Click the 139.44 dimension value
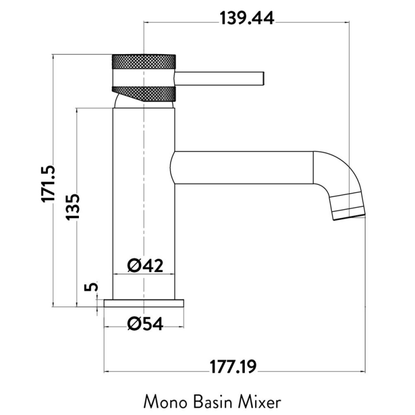click(x=247, y=18)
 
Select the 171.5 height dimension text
click(x=49, y=184)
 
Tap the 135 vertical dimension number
click(x=72, y=207)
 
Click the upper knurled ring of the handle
click(x=144, y=65)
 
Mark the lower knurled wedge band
click(x=150, y=93)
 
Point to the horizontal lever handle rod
click(x=220, y=78)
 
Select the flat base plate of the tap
click(x=144, y=303)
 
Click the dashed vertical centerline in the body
click(x=143, y=208)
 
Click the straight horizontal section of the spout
click(x=244, y=168)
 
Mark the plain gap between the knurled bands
click(x=144, y=81)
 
